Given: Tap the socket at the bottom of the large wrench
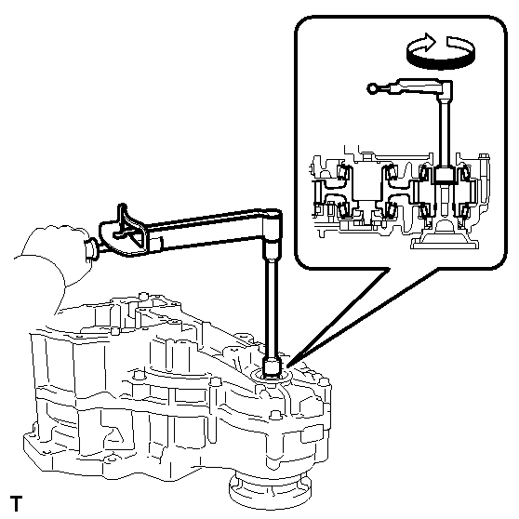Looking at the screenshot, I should [x=273, y=366].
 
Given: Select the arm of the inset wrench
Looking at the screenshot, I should [x=409, y=86].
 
